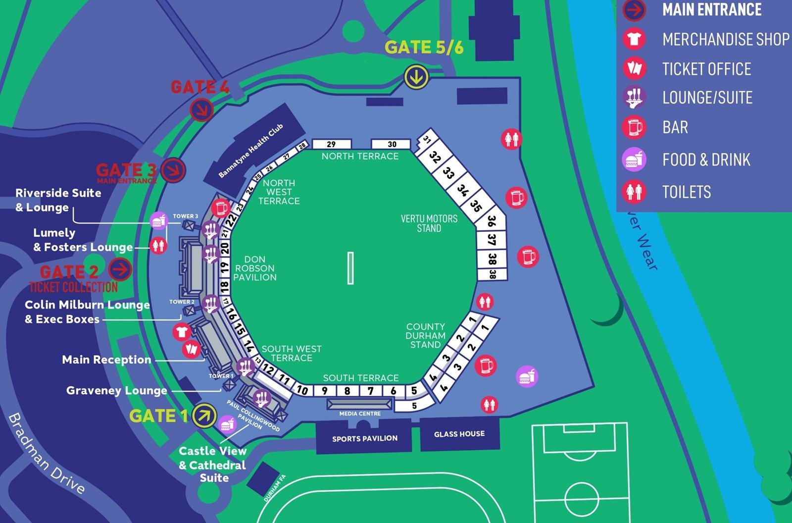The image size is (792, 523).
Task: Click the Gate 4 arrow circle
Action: click(x=202, y=109)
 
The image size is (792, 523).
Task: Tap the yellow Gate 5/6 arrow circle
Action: click(x=416, y=77)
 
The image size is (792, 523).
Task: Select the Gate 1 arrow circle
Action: click(x=204, y=416)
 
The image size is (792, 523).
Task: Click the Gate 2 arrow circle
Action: click(x=120, y=269)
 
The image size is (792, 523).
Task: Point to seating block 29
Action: click(x=331, y=144)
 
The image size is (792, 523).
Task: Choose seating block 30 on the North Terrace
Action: click(x=392, y=144)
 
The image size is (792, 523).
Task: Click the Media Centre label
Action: click(x=360, y=414)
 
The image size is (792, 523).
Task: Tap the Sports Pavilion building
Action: click(x=364, y=438)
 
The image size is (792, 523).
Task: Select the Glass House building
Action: click(x=459, y=434)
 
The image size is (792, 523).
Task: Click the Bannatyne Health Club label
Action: click(x=251, y=151)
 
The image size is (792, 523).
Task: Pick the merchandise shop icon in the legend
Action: click(x=634, y=39)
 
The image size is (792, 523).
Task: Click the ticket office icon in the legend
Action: click(x=634, y=68)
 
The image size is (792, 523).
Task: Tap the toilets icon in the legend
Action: click(x=634, y=192)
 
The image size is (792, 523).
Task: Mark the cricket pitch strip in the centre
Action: click(x=350, y=268)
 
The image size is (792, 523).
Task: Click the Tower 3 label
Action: click(x=185, y=216)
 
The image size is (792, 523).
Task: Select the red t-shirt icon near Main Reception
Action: click(x=182, y=331)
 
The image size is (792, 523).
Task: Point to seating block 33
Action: click(x=448, y=173)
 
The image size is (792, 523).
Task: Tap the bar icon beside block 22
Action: click(x=220, y=208)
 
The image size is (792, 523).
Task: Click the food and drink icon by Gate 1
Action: click(x=227, y=424)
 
